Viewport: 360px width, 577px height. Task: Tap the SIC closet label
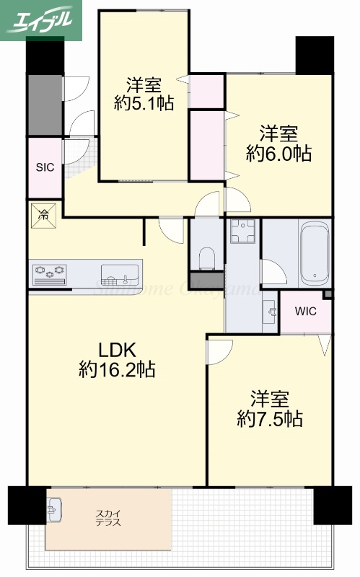45,167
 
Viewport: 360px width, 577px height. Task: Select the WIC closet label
305,312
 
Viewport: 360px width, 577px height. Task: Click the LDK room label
118,351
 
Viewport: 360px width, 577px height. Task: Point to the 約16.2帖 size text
118,371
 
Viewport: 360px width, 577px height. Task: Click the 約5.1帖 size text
144,103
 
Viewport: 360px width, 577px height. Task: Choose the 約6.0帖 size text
278,153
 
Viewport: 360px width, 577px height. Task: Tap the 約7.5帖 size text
270,418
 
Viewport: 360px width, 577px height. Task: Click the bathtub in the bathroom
315,255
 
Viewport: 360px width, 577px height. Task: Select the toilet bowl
207,256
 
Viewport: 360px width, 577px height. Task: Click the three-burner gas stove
49,272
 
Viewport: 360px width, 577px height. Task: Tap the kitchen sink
120,273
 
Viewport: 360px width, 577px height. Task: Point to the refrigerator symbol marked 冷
43,215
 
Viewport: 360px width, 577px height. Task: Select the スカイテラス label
108,519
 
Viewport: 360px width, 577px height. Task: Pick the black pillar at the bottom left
27,506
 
